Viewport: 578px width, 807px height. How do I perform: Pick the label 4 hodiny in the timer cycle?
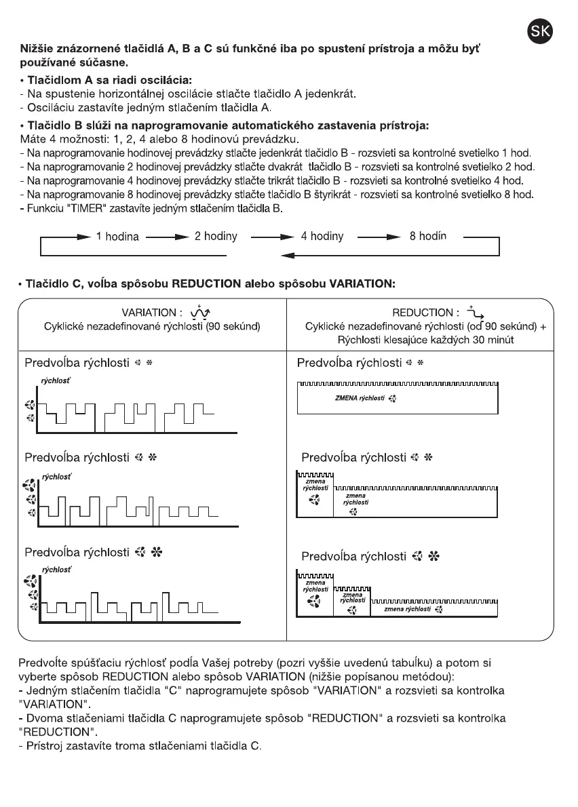click(x=322, y=237)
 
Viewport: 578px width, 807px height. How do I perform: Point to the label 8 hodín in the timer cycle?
click(x=428, y=237)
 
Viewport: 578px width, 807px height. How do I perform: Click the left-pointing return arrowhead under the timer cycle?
click(x=286, y=256)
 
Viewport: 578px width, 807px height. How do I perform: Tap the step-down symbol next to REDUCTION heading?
click(x=471, y=311)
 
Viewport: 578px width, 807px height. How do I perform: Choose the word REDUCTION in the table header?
click(x=422, y=313)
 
